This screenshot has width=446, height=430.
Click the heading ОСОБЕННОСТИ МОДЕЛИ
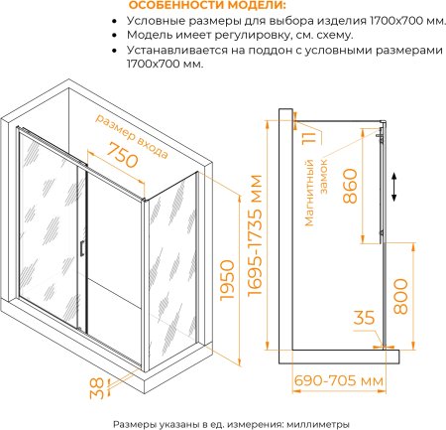[207, 5]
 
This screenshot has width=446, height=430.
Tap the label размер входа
[132, 136]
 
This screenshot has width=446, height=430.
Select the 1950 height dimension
[227, 281]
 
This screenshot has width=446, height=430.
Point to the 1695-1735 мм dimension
[255, 235]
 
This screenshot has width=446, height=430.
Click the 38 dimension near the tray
[97, 388]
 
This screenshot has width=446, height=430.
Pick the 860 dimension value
[350, 186]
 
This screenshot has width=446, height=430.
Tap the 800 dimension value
[400, 296]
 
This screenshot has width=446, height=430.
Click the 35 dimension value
[365, 318]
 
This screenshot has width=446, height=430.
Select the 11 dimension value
[309, 137]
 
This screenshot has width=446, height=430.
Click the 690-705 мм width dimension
[339, 381]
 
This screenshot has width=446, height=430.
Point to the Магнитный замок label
[316, 193]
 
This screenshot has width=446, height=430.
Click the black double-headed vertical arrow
[393, 187]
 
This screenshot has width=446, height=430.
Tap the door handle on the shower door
[81, 248]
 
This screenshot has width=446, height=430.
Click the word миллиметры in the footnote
[318, 424]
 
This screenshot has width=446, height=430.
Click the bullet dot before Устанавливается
[114, 51]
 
